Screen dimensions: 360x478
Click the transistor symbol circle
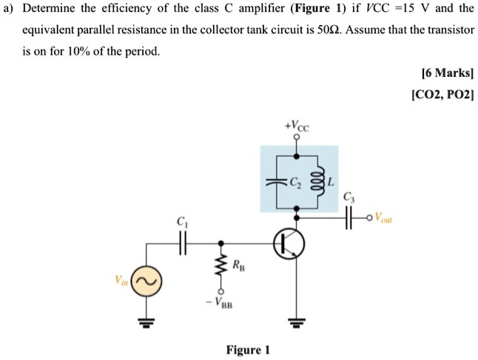click(289, 243)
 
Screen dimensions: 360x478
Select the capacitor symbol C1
click(181, 242)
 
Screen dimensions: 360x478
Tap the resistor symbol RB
click(220, 264)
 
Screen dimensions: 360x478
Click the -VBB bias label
click(221, 301)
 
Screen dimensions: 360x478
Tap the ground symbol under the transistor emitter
click(297, 322)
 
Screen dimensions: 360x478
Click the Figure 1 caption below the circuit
click(247, 349)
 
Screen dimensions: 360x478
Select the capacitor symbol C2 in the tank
click(276, 181)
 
